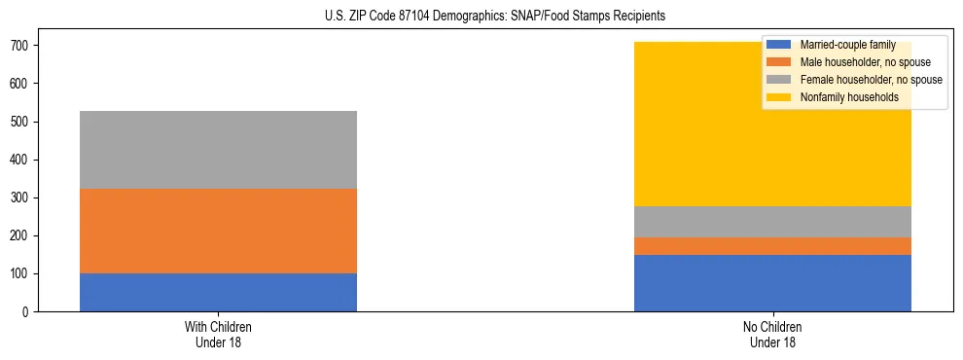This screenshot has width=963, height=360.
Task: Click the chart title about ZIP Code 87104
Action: pyautogui.click(x=495, y=17)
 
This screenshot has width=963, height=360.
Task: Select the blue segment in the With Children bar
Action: pyautogui.click(x=218, y=293)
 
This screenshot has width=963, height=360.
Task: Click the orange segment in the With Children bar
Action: pyautogui.click(x=218, y=231)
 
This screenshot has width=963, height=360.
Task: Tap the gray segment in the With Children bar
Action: pyautogui.click(x=218, y=150)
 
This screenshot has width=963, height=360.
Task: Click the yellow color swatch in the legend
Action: pyautogui.click(x=779, y=97)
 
